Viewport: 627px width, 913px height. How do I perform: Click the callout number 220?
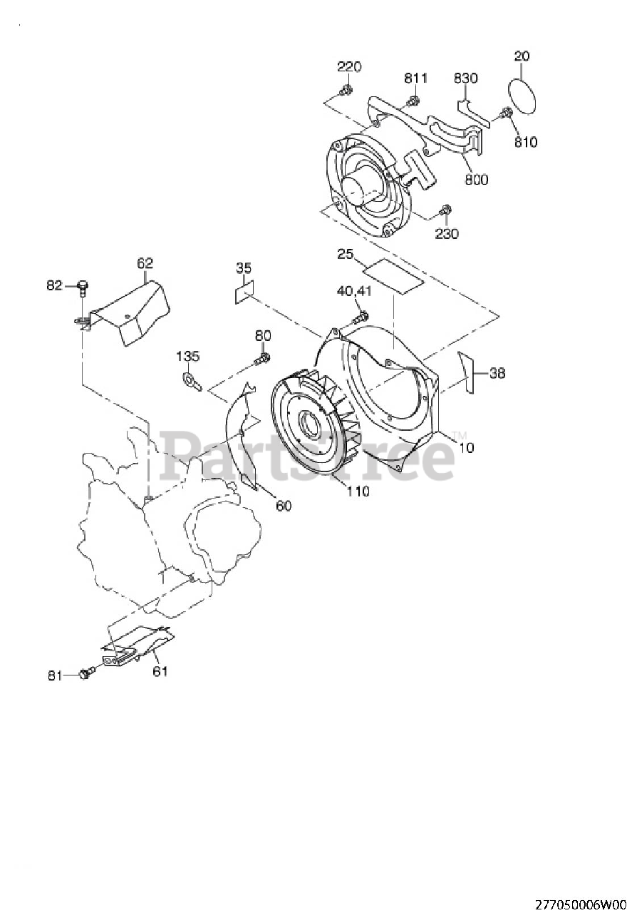[x=349, y=66]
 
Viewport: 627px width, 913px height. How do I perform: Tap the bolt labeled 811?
[x=414, y=99]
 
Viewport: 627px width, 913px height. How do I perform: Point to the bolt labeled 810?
[x=505, y=113]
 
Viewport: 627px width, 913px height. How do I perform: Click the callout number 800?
[x=477, y=179]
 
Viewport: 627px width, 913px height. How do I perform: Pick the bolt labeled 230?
[x=445, y=211]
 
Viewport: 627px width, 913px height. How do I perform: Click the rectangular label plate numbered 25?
[x=394, y=276]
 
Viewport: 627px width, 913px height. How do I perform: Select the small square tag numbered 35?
[x=244, y=292]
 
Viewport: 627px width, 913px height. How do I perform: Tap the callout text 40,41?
[x=354, y=292]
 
